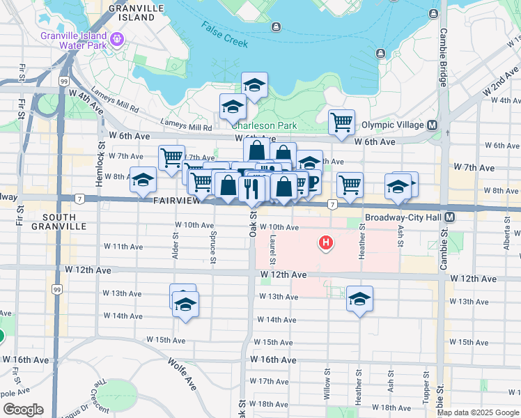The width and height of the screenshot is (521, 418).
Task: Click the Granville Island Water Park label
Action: (74, 40)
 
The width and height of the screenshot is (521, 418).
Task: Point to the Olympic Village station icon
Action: (432, 125)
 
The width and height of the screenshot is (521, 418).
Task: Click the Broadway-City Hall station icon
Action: (450, 217)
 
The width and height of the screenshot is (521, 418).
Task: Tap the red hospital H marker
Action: (325, 243)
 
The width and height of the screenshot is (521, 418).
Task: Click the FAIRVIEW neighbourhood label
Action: (178, 201)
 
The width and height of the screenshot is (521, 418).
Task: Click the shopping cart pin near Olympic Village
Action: (341, 123)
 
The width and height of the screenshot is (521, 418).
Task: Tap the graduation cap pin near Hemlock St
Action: (143, 180)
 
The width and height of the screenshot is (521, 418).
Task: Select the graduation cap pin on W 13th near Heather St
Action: (359, 300)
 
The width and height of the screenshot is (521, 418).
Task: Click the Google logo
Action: (23, 410)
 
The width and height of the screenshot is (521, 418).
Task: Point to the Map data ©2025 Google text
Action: (478, 412)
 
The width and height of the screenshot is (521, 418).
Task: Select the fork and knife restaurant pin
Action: (250, 188)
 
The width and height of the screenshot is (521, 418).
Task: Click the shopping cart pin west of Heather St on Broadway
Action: (350, 185)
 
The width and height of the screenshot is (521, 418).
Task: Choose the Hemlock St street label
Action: (101, 160)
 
